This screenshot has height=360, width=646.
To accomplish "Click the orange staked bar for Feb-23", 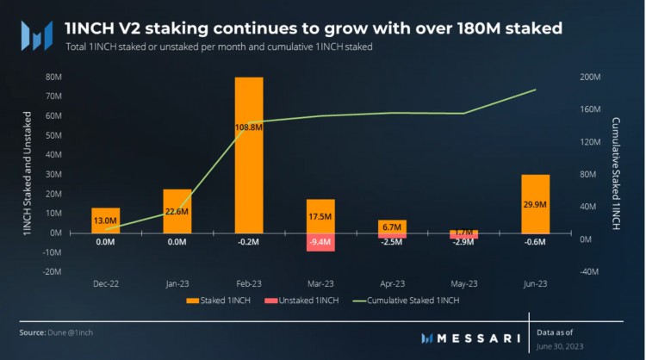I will click(249, 155).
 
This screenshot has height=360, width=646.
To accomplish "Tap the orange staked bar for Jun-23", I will click(535, 203).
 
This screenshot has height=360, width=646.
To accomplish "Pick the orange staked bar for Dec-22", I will click(106, 220).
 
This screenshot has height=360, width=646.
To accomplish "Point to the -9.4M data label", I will click(320, 242).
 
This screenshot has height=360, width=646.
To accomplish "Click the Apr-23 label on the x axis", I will click(392, 282).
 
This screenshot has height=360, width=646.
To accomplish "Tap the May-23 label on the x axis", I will click(463, 282).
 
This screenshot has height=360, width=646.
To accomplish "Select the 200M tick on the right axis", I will click(591, 77).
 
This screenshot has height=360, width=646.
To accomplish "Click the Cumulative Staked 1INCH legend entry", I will click(412, 300).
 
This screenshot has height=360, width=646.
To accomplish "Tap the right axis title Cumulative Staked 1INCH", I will click(617, 173).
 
